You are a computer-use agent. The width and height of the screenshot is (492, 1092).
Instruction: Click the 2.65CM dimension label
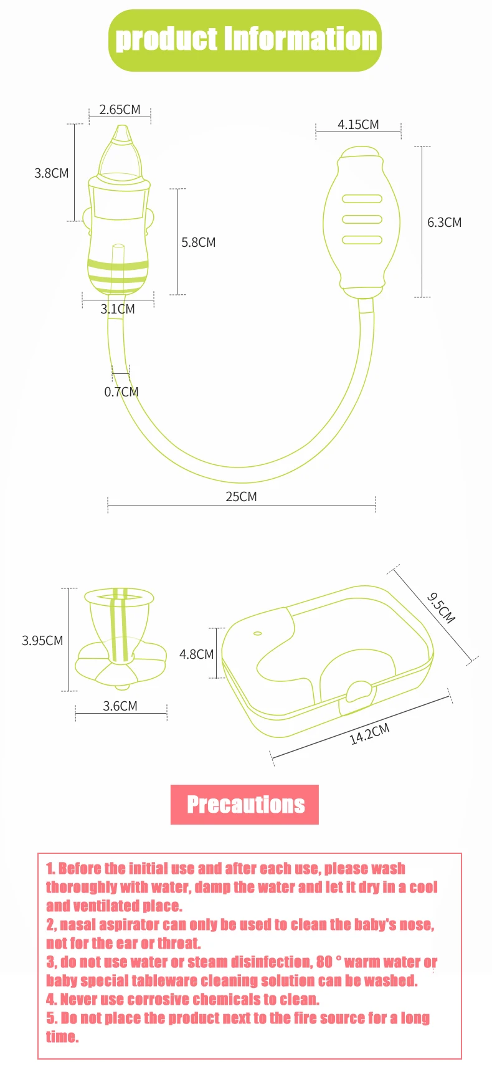120,110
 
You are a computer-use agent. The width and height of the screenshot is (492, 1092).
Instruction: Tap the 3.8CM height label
52,173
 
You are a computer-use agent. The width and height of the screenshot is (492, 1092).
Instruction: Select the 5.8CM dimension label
199,242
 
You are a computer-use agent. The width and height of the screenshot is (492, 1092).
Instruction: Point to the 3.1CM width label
118,309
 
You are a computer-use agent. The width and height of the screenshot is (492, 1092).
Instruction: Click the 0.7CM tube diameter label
121,392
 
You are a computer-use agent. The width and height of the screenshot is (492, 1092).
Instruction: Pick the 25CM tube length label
241,497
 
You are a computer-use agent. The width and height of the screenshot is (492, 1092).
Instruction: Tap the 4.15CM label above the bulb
358,125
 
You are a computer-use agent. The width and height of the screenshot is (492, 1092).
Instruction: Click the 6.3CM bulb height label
445,223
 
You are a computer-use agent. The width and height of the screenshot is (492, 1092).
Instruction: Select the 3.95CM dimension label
42,641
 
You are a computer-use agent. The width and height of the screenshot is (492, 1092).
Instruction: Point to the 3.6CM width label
120,706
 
